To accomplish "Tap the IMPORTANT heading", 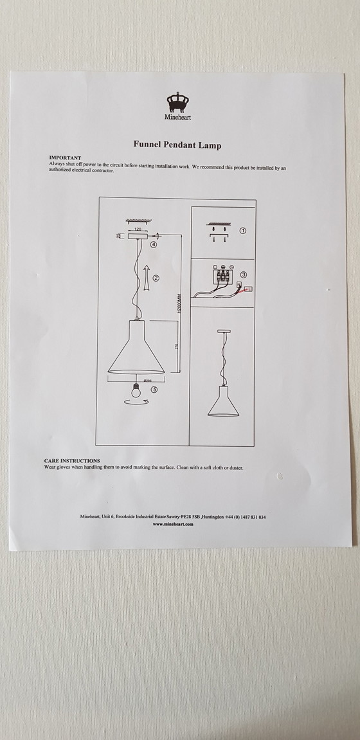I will tap(65, 158).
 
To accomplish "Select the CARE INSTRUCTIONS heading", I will tap(71, 461).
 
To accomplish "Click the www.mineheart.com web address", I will tap(174, 524).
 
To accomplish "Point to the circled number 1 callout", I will tap(243, 230).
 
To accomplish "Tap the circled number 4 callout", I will tap(153, 244).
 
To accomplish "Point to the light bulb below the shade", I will tap(136, 390).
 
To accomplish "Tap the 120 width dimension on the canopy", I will tap(138, 228).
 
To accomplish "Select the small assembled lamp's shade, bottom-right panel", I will tap(222, 404).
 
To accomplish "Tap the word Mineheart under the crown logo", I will tap(179, 118).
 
